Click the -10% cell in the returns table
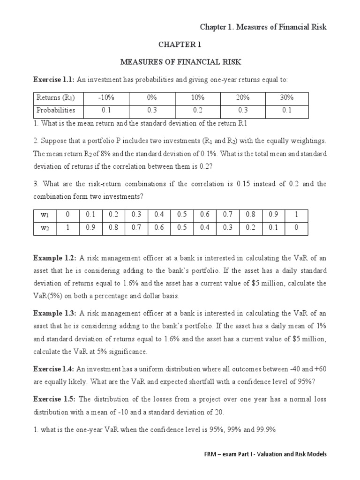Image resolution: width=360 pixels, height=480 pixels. point(106,98)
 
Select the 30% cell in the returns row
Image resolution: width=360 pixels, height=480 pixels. point(286,98)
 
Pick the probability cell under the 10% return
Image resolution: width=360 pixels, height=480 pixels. point(197,111)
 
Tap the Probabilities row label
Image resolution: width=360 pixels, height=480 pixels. point(56,111)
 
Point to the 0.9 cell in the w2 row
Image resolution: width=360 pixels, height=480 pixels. point(90,228)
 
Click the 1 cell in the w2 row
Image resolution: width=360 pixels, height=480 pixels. point(67,228)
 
